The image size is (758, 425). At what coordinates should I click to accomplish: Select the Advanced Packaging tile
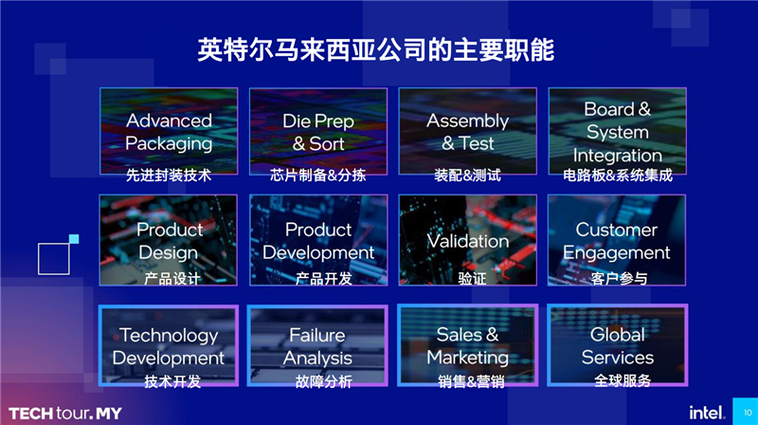pyautogui.click(x=169, y=133)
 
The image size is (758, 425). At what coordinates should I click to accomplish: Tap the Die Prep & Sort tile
pyautogui.click(x=318, y=133)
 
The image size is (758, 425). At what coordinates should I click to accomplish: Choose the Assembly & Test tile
pyautogui.click(x=467, y=133)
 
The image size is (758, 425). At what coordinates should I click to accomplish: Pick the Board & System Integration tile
pyautogui.click(x=617, y=133)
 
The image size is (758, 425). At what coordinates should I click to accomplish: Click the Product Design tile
pyautogui.click(x=169, y=240)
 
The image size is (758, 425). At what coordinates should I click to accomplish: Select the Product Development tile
pyautogui.click(x=318, y=240)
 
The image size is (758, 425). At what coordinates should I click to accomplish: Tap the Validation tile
pyautogui.click(x=467, y=240)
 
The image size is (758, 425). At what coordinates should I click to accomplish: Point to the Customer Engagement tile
pyautogui.click(x=617, y=240)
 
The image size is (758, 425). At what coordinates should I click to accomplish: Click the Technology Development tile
pyautogui.click(x=169, y=346)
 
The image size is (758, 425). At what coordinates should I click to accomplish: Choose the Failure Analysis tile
pyautogui.click(x=318, y=346)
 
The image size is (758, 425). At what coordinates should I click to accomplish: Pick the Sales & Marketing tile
pyautogui.click(x=467, y=346)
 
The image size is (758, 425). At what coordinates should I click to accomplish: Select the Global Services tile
pyautogui.click(x=617, y=346)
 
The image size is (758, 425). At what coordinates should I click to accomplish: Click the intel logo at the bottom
pyautogui.click(x=707, y=411)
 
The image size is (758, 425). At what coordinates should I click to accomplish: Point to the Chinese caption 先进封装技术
pyautogui.click(x=169, y=176)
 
